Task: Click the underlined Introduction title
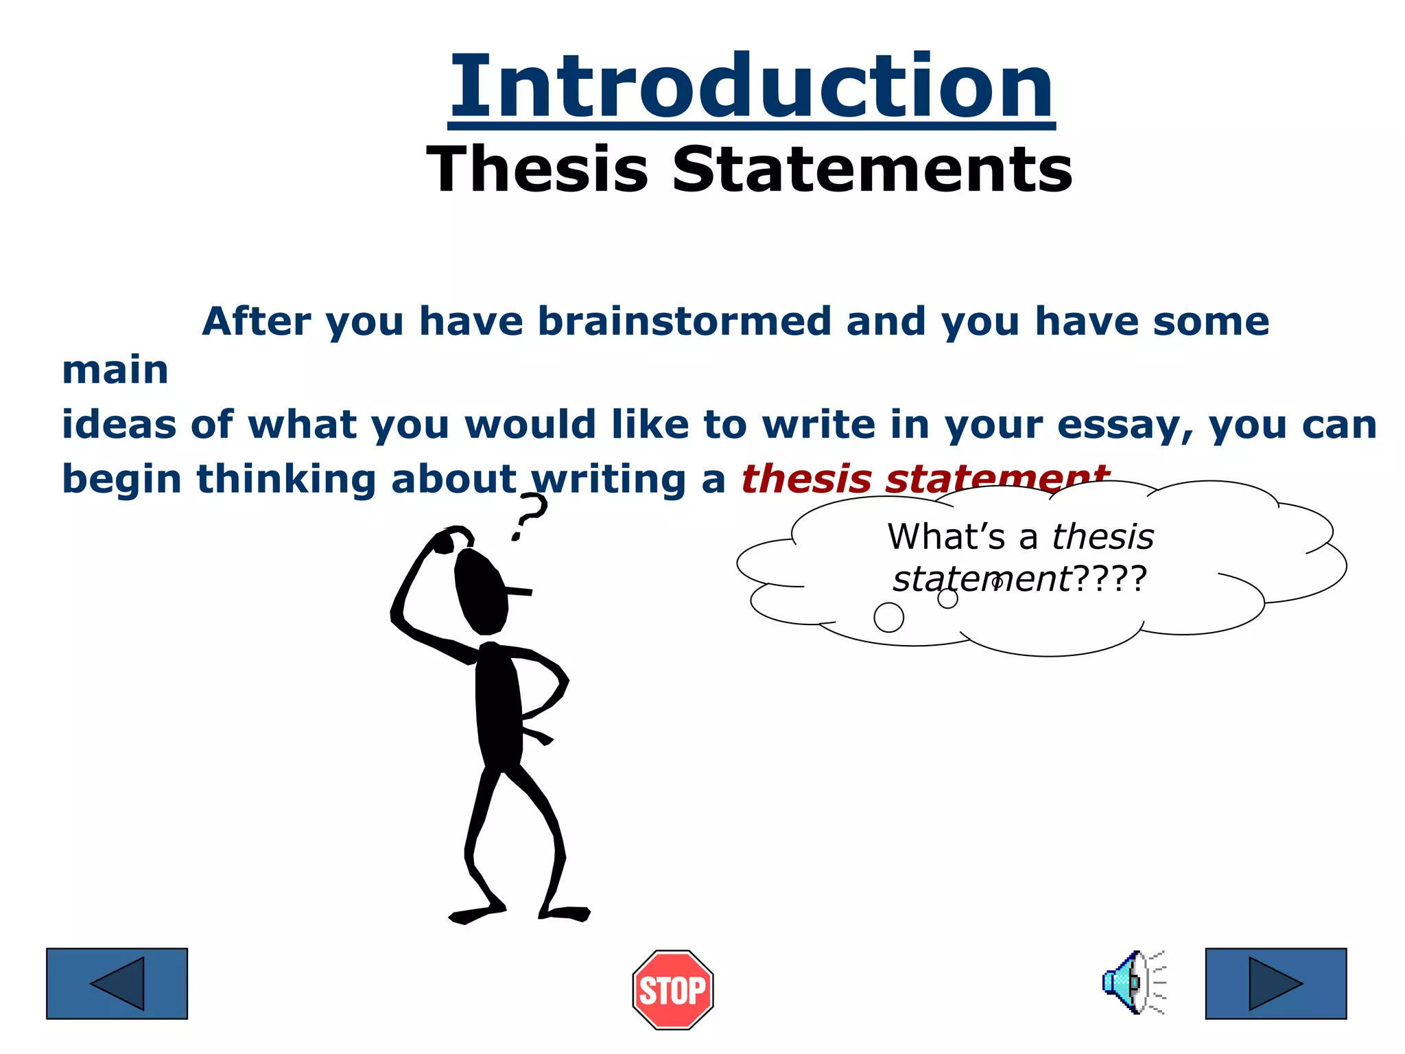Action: point(752,87)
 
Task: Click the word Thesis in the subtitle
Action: point(537,169)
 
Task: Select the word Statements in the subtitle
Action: point(872,169)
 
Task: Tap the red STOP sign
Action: point(672,989)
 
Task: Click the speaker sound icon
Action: point(1132,982)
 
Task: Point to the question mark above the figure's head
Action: point(529,515)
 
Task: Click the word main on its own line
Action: point(115,371)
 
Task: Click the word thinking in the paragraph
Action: point(286,479)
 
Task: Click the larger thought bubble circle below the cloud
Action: point(888,617)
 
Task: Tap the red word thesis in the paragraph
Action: point(805,479)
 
